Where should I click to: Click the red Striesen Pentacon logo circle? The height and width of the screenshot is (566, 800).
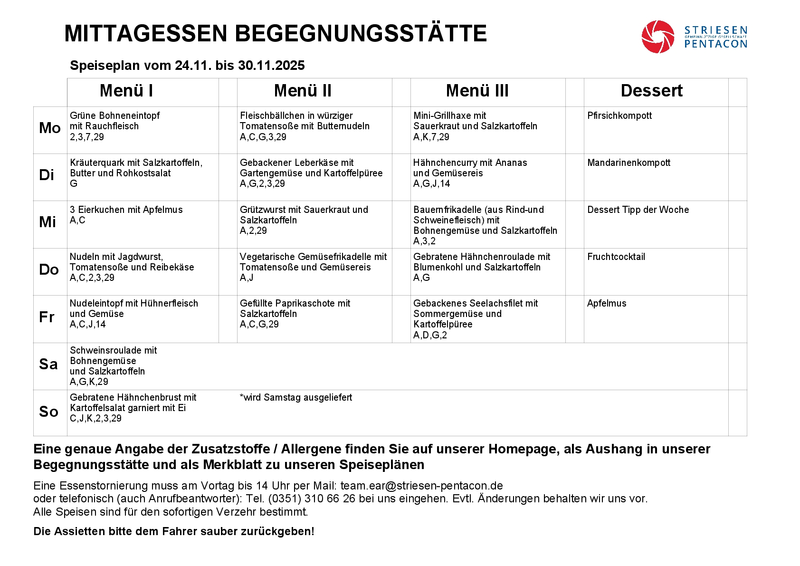point(657,37)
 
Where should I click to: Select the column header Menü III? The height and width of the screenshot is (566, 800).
point(477,91)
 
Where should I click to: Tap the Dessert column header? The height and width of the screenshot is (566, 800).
point(651,91)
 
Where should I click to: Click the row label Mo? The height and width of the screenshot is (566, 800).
point(49,128)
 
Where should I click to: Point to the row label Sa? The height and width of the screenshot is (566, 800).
point(48,365)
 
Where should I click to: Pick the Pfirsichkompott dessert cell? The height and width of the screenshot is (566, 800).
point(619,115)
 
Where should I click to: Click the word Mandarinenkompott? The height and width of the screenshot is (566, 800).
point(629,163)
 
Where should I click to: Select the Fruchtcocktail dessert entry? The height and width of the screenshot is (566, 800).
point(616,257)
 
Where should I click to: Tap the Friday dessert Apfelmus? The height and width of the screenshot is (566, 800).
point(607,303)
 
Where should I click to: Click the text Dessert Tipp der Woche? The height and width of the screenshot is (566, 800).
point(638,210)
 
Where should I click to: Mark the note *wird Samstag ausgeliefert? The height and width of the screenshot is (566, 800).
point(296,397)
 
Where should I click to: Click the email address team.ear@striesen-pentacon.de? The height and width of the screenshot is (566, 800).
point(421,486)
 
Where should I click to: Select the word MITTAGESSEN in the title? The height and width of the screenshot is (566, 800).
point(146,34)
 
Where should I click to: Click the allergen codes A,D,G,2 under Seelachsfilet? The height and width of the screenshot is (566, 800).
point(430,335)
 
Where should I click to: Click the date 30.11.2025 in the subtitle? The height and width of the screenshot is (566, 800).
point(271,66)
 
